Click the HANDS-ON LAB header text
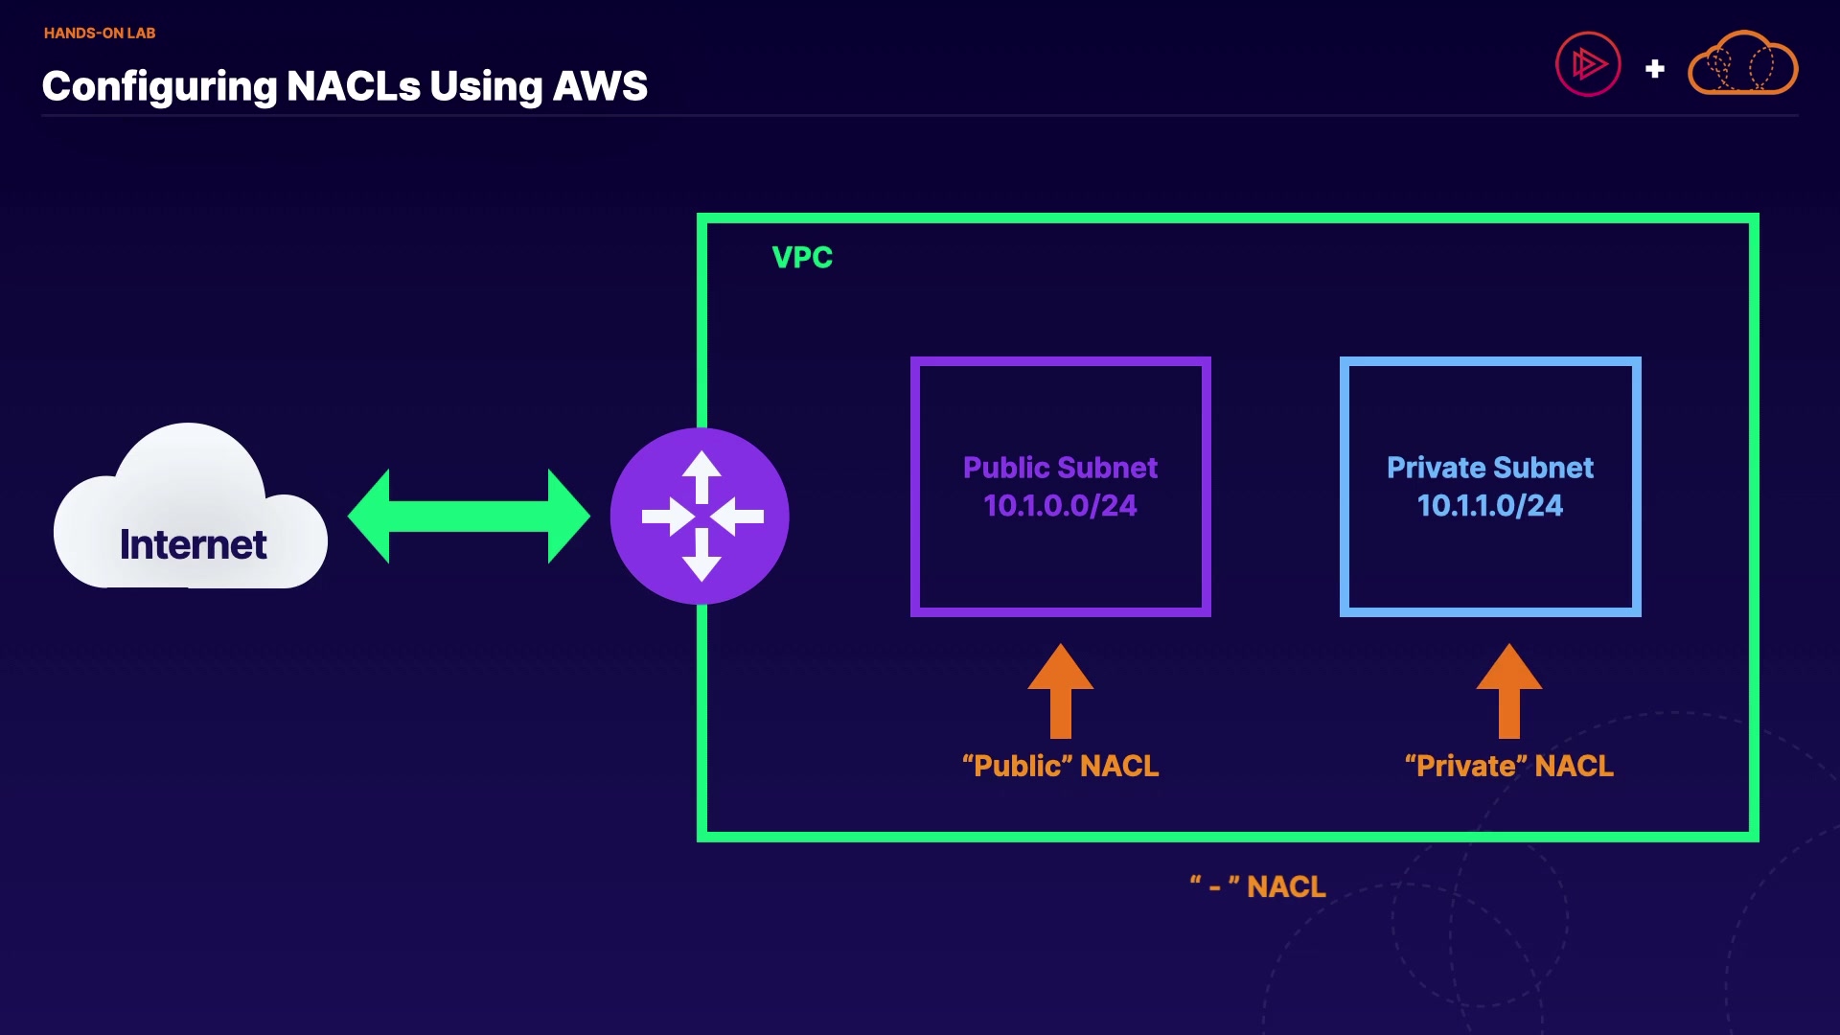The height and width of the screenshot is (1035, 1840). point(100,33)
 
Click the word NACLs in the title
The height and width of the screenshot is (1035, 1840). point(354,86)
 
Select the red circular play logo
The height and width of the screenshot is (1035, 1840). point(1588,64)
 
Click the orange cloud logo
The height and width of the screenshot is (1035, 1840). point(1742,64)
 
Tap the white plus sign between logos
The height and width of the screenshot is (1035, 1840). point(1655,69)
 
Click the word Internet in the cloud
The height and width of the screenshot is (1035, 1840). point(193,544)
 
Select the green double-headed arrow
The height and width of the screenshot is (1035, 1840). point(469,517)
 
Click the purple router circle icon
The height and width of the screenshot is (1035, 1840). point(701,517)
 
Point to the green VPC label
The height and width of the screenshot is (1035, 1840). point(802,257)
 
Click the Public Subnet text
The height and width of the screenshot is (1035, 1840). point(1060,468)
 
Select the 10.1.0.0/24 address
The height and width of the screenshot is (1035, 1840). point(1060,506)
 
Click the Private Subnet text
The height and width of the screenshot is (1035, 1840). point(1490,468)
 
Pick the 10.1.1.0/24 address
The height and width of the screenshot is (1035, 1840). point(1490,506)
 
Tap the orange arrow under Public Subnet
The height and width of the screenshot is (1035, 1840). point(1061,692)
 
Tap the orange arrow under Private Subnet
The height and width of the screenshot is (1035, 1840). point(1509,692)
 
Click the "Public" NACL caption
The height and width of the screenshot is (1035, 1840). point(1061,766)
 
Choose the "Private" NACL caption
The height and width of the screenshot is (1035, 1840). point(1509,766)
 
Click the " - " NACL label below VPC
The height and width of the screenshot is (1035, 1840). point(1258,886)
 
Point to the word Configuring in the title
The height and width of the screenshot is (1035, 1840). point(159,86)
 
